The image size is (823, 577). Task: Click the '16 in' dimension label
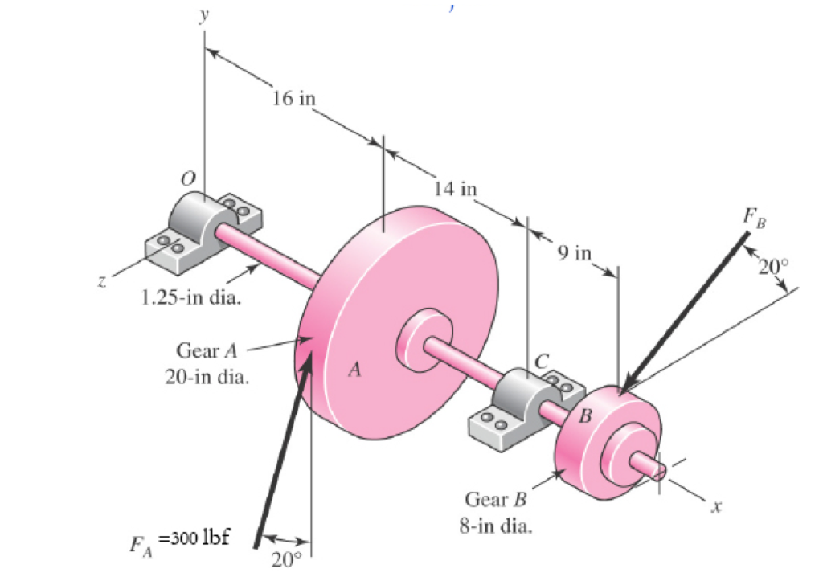tap(295, 99)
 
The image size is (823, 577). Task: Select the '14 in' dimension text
tap(455, 190)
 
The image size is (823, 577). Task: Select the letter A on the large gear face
tap(354, 370)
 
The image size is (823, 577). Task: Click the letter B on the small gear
tap(585, 416)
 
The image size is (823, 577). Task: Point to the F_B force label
tap(754, 218)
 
